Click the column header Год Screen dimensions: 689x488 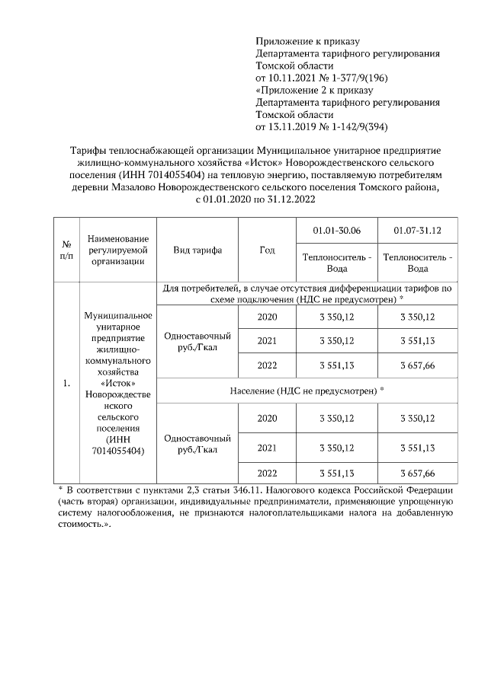pos(267,250)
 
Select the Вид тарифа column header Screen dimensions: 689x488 pos(197,250)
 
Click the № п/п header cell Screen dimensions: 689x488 pos(66,250)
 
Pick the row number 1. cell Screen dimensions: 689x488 pos(66,383)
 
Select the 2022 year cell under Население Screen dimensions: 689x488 pos(267,472)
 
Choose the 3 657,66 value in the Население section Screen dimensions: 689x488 pos(417,472)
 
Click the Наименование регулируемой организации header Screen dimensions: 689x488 pos(118,250)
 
